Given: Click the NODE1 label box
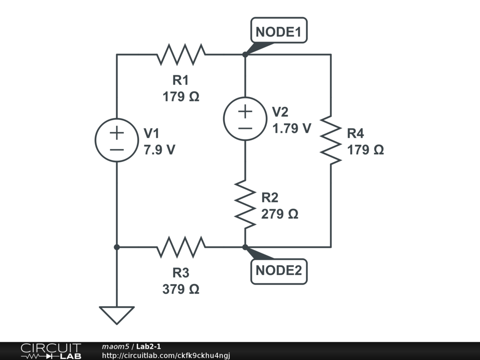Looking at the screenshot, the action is click(x=279, y=30).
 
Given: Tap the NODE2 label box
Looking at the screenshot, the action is click(x=279, y=271).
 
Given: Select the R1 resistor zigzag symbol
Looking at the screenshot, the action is click(x=181, y=54).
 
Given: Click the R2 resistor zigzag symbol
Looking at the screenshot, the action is click(x=245, y=204).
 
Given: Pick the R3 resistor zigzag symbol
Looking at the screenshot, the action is click(x=181, y=247).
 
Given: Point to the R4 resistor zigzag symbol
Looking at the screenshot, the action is click(x=331, y=140).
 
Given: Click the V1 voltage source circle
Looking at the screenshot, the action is click(x=117, y=140).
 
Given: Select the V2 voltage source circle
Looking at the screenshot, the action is click(x=245, y=119).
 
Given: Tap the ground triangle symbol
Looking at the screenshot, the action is click(x=117, y=315).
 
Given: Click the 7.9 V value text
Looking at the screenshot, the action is click(x=159, y=150).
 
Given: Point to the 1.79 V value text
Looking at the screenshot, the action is click(x=292, y=128).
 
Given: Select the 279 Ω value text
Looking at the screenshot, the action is click(x=279, y=214).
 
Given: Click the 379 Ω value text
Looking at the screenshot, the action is click(x=181, y=289).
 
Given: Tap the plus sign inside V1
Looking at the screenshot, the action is click(x=117, y=133).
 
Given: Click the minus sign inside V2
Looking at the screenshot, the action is click(x=245, y=128).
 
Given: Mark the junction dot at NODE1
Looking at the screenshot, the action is click(x=245, y=54).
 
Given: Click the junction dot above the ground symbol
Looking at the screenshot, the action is click(x=117, y=247).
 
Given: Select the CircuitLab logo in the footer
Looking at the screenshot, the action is click(x=51, y=351).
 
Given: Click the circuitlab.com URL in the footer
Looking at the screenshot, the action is click(x=166, y=355).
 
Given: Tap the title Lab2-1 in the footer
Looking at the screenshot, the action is click(x=149, y=346).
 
